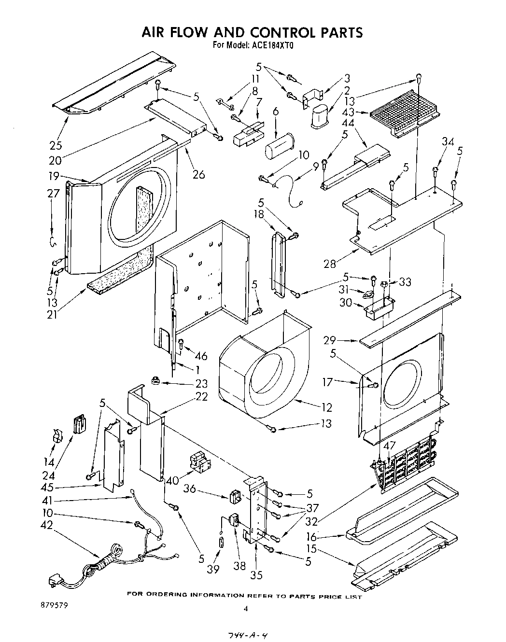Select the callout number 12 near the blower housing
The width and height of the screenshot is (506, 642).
326,407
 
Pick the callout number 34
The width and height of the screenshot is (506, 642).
448,141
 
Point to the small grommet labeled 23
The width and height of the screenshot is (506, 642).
155,381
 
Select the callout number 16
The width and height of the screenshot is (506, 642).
311,537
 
